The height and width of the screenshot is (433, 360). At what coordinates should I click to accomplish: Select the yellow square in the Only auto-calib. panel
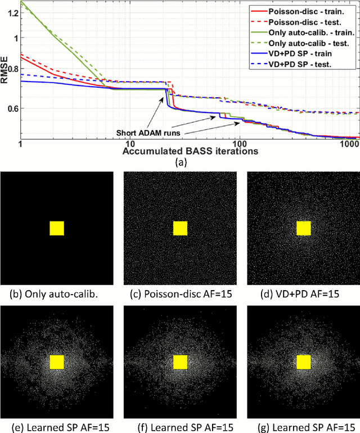click(x=57, y=228)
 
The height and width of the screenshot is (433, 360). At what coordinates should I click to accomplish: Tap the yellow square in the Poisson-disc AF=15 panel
click(x=180, y=228)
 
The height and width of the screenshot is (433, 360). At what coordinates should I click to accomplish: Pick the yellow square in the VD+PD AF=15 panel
click(x=304, y=228)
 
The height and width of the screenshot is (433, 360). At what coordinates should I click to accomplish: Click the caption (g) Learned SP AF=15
click(x=303, y=426)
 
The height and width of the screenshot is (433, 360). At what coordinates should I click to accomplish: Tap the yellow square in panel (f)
click(x=180, y=361)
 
